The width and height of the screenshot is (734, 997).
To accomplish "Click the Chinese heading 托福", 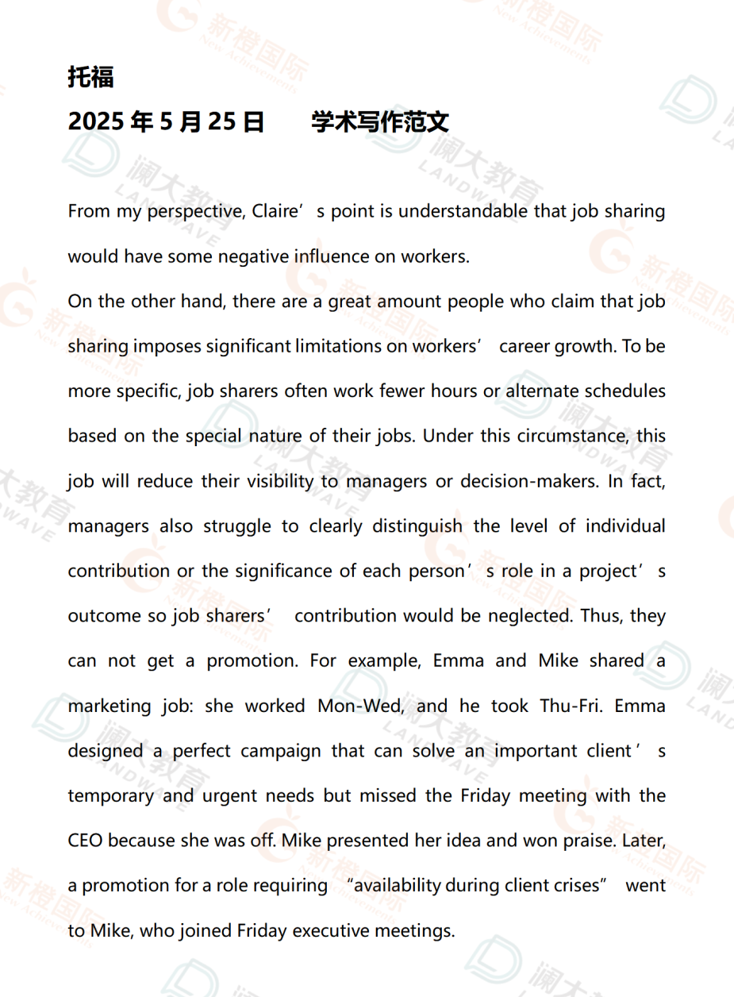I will pos(91,77).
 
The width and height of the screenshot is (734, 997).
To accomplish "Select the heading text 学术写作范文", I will pos(380,122).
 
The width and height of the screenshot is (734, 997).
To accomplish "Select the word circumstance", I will pos(565,437).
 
